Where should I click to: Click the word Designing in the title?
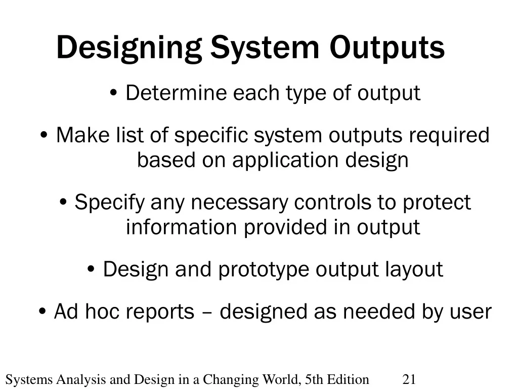click(129, 48)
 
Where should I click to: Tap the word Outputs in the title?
click(387, 48)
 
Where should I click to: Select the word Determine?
click(176, 93)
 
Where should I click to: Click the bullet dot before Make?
click(44, 135)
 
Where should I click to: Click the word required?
click(449, 136)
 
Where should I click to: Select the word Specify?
click(109, 203)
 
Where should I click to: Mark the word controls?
click(333, 203)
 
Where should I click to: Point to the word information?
click(182, 227)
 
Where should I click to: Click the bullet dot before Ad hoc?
click(42, 312)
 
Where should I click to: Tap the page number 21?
click(409, 379)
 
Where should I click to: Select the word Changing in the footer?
click(231, 380)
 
